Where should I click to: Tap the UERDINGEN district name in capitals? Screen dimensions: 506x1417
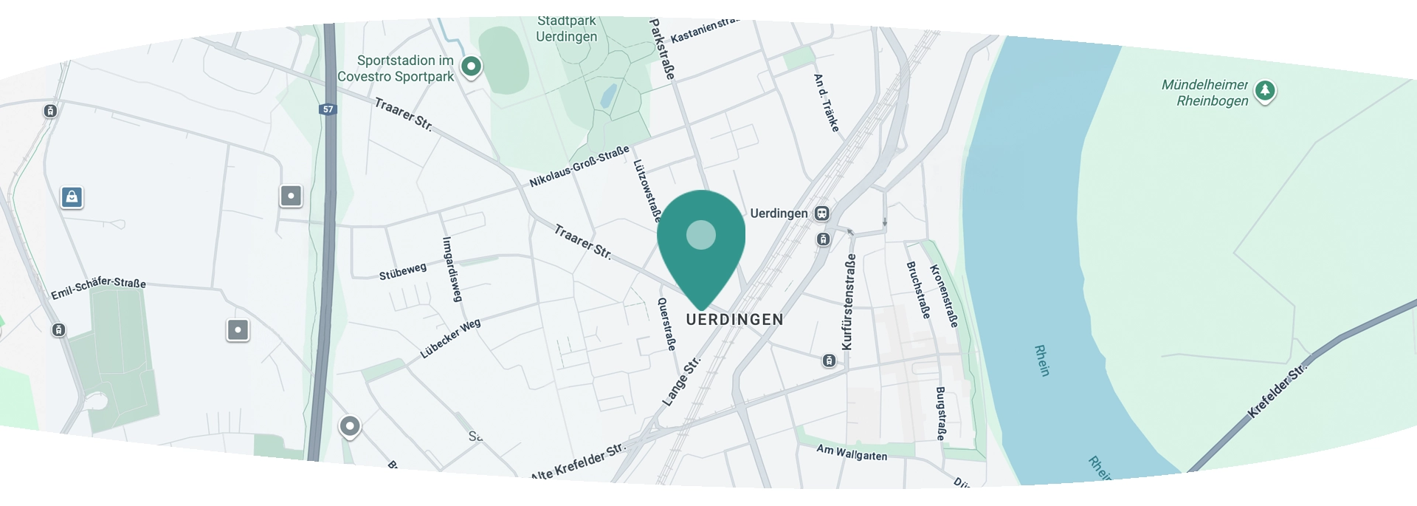[734, 320]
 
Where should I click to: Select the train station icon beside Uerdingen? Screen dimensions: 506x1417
[821, 213]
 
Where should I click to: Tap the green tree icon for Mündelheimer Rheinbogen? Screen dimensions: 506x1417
[1265, 91]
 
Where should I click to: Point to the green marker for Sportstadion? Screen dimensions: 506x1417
[471, 66]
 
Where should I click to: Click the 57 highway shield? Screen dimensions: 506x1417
[328, 109]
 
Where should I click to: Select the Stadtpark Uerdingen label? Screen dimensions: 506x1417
[566, 30]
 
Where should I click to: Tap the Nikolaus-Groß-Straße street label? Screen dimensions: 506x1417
[579, 167]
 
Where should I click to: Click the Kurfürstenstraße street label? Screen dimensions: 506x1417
[848, 301]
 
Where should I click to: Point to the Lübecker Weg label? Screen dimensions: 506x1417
[450, 338]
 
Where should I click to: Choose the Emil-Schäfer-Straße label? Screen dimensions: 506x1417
[98, 287]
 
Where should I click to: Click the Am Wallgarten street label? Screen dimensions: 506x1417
[852, 452]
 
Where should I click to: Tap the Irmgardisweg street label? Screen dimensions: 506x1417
[452, 269]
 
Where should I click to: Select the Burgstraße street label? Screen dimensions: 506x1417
[941, 413]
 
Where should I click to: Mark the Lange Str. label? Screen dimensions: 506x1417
[680, 382]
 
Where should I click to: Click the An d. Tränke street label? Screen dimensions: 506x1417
[827, 103]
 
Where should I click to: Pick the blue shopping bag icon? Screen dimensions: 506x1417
[72, 197]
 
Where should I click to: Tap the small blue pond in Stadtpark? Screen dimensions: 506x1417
[608, 96]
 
